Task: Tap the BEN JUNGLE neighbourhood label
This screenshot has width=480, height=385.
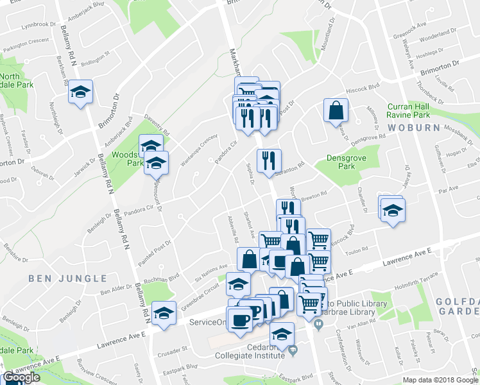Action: point(67,278)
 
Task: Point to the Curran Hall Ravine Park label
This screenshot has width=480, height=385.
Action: point(417,110)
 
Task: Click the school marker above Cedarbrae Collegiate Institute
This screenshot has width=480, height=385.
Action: point(282,334)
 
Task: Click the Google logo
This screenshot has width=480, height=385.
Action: point(21,378)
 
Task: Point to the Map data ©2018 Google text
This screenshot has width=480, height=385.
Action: point(440,380)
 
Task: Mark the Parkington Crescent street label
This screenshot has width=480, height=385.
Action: point(25,47)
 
